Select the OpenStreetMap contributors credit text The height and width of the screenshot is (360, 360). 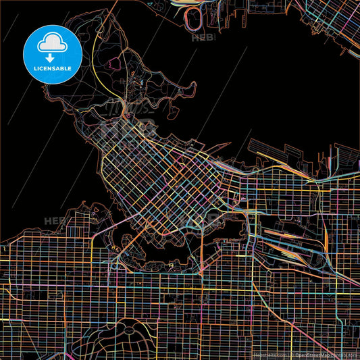tap(326, 354)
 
